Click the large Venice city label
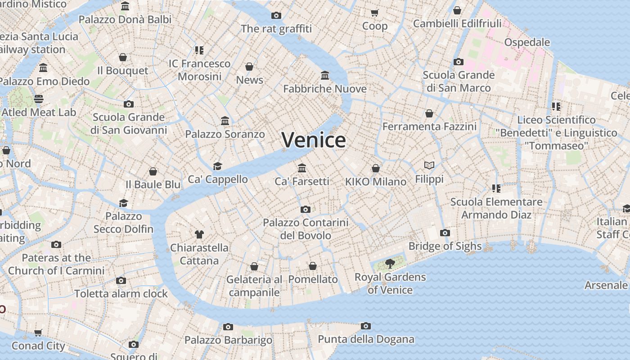tap(314, 140)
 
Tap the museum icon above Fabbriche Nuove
tap(325, 75)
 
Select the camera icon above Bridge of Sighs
tap(445, 233)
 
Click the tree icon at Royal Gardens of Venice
tap(390, 264)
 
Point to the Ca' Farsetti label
tap(302, 181)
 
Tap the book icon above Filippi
tap(429, 166)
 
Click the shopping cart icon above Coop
tap(374, 13)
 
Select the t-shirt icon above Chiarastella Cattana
tap(199, 234)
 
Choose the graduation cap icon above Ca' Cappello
tap(218, 166)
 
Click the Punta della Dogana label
tap(366, 339)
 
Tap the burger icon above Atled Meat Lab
tap(39, 99)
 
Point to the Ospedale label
tap(527, 42)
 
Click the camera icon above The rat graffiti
tap(276, 16)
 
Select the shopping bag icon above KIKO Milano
tap(376, 168)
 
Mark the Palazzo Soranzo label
tap(225, 134)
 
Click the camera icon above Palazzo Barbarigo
tap(228, 327)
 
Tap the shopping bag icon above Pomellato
tap(313, 266)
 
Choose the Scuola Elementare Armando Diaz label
tap(496, 208)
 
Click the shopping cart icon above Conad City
tap(38, 333)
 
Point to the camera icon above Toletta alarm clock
tap(121, 281)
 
